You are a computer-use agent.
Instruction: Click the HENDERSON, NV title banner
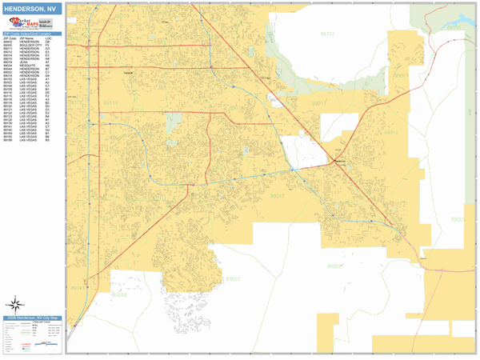coord(32,9)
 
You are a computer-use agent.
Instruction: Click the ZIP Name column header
coord(27,38)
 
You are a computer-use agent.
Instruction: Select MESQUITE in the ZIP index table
coord(26,66)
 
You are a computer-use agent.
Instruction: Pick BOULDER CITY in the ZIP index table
coord(29,45)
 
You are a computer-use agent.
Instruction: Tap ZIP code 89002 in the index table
coord(8,42)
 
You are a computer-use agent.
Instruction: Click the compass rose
coord(15,303)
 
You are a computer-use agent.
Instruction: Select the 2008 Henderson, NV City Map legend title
coord(32,318)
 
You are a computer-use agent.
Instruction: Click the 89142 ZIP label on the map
coord(329,34)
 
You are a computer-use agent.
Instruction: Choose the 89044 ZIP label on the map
coord(119,294)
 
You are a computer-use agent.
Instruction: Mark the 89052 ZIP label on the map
coord(232,278)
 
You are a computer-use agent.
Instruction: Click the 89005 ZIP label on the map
coord(457,218)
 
